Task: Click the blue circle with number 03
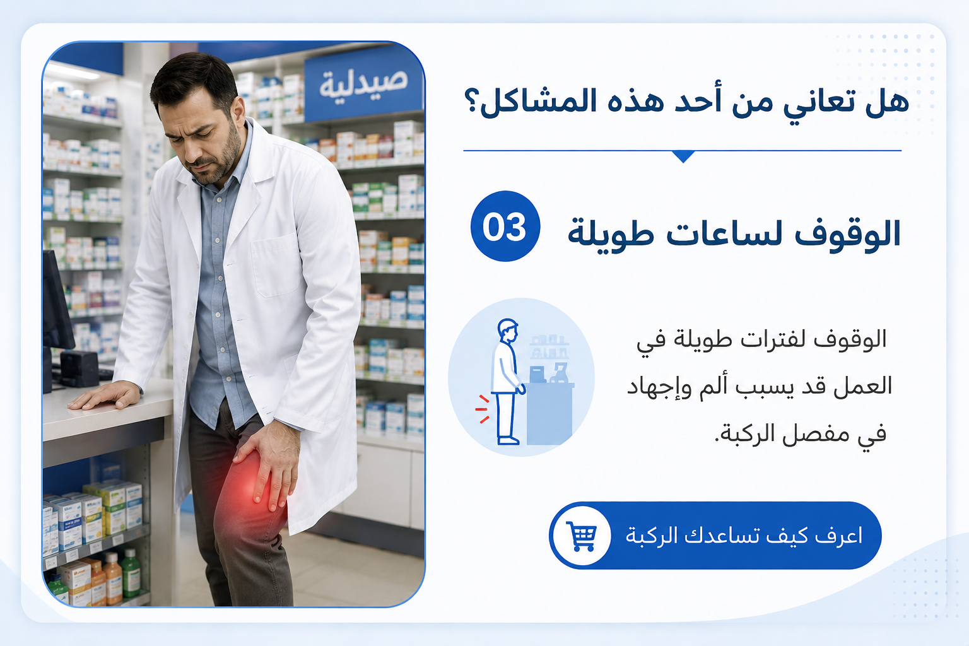505,226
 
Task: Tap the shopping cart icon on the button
582,536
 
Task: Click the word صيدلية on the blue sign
363,83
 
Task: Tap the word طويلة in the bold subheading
611,233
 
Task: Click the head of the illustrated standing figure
508,330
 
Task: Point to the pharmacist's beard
218,158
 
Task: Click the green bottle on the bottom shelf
130,573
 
